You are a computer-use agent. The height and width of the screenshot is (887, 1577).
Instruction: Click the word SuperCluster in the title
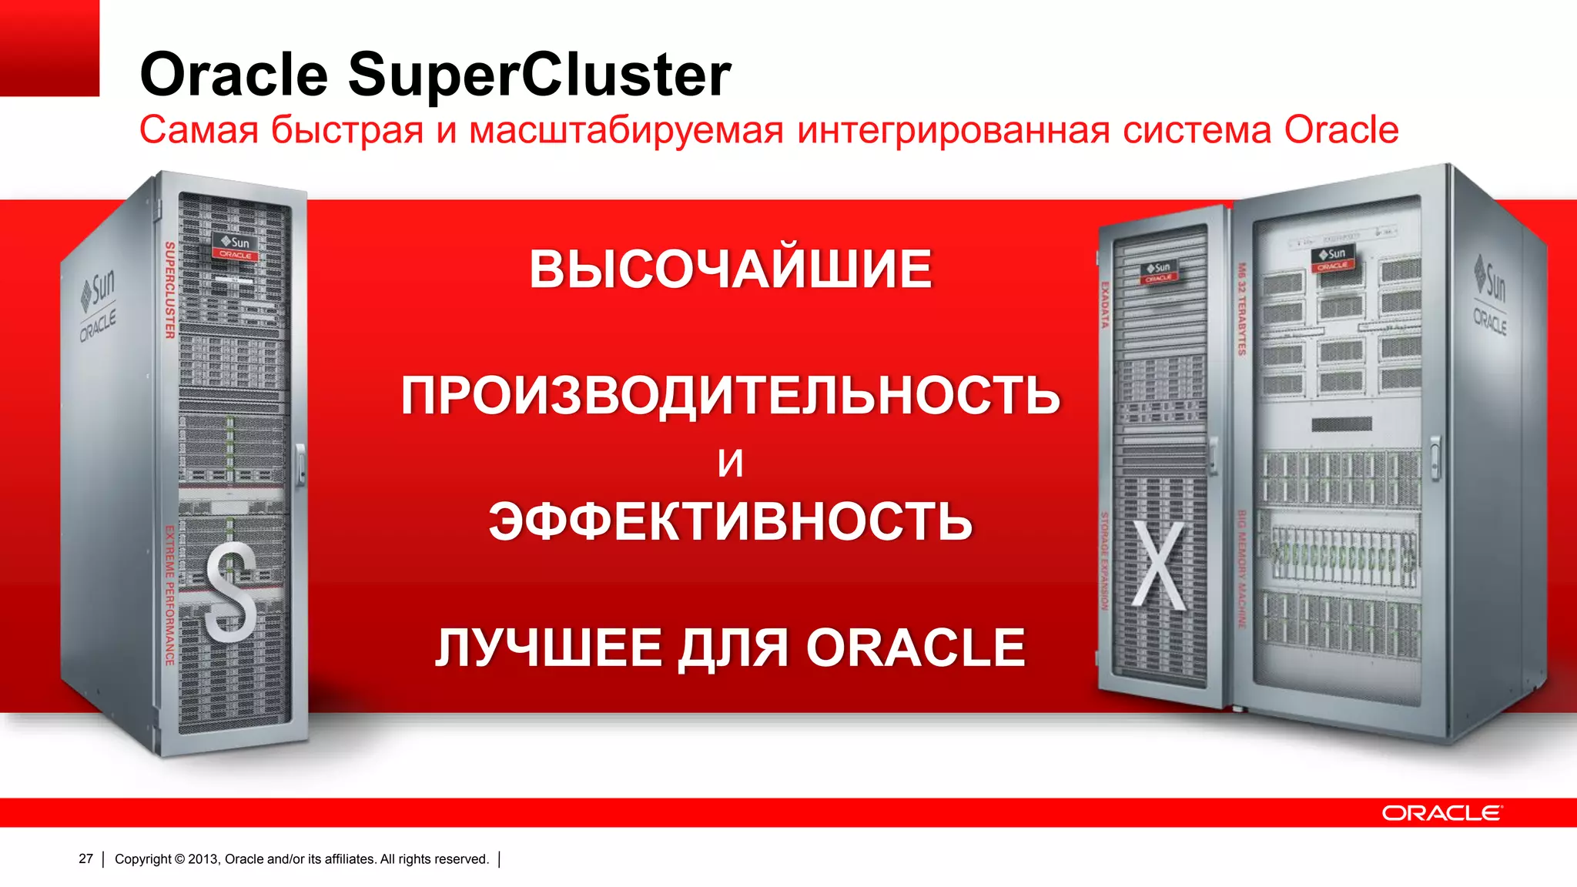[x=539, y=75]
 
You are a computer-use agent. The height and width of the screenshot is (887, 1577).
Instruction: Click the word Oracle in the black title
[x=234, y=75]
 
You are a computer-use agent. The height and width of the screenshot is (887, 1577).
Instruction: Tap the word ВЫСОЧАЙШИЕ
[x=730, y=269]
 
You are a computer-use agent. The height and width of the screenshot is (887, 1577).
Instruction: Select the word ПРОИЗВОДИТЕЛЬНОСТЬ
[x=730, y=396]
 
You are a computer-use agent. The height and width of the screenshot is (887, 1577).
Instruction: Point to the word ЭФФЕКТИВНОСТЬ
[x=730, y=521]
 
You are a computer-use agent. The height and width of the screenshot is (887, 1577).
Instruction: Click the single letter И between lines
[x=730, y=463]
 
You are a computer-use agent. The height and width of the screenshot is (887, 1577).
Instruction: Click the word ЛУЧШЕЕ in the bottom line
[x=547, y=648]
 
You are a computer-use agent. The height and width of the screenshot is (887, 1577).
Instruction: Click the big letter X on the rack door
[x=1159, y=566]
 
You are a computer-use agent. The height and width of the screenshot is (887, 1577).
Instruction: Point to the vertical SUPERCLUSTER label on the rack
[x=170, y=290]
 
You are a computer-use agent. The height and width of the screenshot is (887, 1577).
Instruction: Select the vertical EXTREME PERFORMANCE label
[x=169, y=594]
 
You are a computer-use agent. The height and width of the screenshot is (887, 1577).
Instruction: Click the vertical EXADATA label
[x=1104, y=305]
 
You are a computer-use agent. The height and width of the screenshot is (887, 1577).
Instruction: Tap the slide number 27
[x=85, y=859]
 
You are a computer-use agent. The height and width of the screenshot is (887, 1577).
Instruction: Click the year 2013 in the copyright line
[x=203, y=859]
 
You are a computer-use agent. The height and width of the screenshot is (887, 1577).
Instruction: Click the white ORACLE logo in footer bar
[x=1441, y=813]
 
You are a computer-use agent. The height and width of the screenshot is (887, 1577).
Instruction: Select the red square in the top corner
[x=49, y=48]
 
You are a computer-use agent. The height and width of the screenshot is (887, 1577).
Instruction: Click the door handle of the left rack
[x=300, y=463]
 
